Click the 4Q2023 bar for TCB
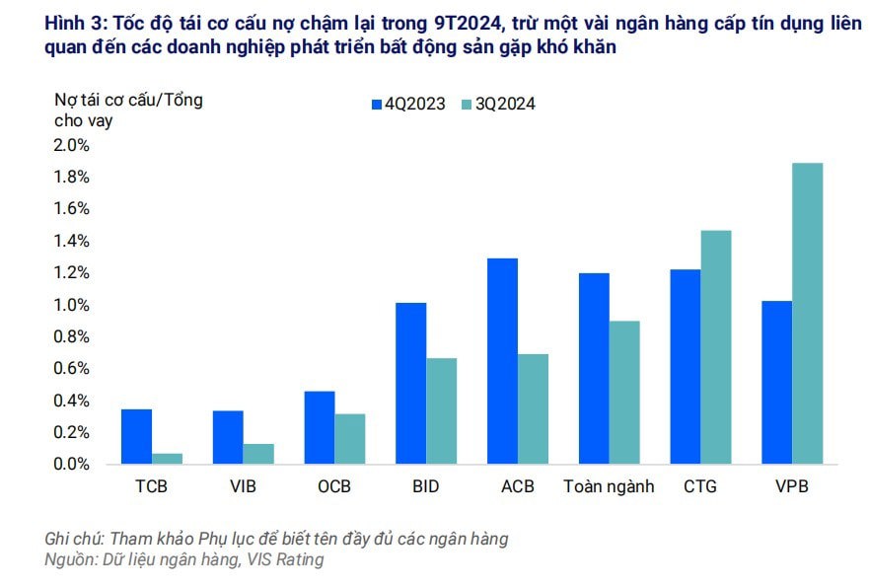pyautogui.click(x=136, y=436)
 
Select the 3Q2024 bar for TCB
pyautogui.click(x=167, y=458)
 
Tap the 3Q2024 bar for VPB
pyautogui.click(x=807, y=313)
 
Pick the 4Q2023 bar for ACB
pyautogui.click(x=502, y=360)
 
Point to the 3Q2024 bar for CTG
pyautogui.click(x=715, y=346)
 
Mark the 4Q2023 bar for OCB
pyautogui.click(x=319, y=427)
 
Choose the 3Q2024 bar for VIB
pyautogui.click(x=258, y=453)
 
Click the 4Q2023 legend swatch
pyautogui.click(x=376, y=104)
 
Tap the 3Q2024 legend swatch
pyautogui.click(x=468, y=104)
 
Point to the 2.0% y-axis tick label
pyautogui.click(x=70, y=145)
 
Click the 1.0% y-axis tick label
pyautogui.click(x=70, y=305)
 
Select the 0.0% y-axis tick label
pyautogui.click(x=70, y=464)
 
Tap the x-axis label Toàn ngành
pyautogui.click(x=609, y=486)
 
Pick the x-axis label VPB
pyautogui.click(x=792, y=486)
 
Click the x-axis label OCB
pyautogui.click(x=333, y=486)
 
